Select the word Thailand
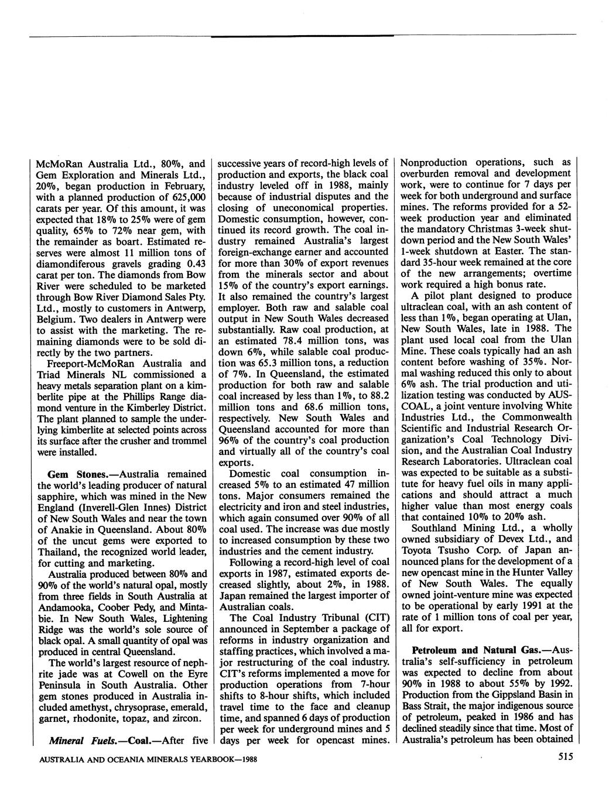tap(60, 552)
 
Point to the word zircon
tap(187, 718)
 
